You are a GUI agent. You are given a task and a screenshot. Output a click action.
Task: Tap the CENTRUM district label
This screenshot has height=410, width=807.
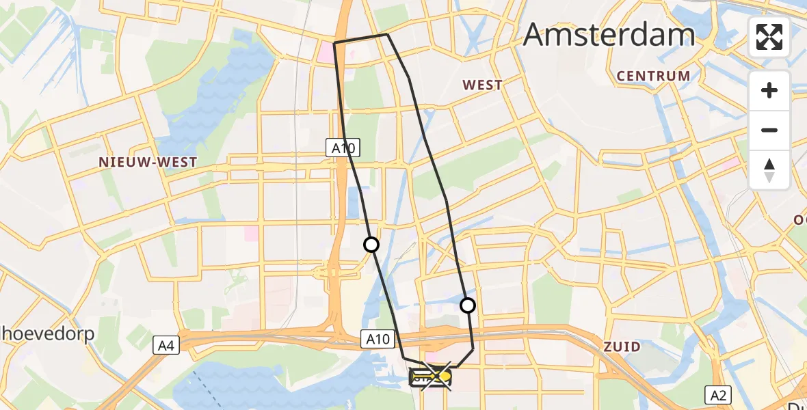point(653,76)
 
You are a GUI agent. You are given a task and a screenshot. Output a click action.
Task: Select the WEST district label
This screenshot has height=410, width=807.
point(482,85)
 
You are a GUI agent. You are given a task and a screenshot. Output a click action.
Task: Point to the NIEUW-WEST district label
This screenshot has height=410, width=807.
point(148,163)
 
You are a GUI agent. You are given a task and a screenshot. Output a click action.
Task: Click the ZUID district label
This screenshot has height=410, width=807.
point(622,347)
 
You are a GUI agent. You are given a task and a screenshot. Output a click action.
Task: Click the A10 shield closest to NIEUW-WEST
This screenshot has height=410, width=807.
point(341,146)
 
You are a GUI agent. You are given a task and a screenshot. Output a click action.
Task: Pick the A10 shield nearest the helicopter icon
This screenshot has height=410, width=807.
point(378,338)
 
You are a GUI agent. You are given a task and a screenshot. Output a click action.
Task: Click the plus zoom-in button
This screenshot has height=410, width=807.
point(769,90)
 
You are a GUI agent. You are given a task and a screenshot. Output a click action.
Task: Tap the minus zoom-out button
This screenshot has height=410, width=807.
point(769,130)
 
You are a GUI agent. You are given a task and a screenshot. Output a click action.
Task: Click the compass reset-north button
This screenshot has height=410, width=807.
point(769,170)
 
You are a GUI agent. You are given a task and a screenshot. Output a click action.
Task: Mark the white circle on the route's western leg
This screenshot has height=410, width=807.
point(371,244)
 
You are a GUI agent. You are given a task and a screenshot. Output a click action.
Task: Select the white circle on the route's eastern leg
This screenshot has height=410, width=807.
point(468,305)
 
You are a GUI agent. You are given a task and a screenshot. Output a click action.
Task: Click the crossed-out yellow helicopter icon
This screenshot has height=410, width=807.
point(432,377)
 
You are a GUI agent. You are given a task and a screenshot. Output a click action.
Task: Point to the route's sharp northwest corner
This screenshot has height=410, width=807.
point(334,43)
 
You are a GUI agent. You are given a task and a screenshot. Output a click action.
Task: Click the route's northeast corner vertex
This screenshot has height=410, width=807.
point(387,34)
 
